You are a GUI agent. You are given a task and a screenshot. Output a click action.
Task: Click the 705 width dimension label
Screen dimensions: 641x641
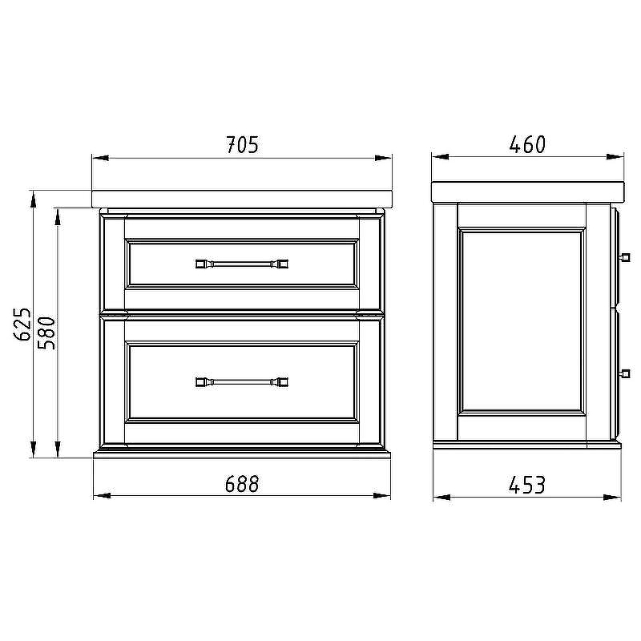[243, 145]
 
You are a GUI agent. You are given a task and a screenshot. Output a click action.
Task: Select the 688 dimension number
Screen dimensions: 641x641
[242, 484]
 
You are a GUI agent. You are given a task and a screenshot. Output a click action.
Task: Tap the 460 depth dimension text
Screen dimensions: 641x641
[527, 144]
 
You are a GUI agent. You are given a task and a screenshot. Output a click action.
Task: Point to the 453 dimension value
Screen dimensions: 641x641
[527, 485]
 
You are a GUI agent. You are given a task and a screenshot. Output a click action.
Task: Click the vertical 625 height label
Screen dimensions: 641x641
[22, 325]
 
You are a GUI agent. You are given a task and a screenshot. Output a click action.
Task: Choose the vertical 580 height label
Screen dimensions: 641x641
[46, 333]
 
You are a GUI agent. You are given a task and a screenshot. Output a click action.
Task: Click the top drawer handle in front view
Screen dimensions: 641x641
[242, 264]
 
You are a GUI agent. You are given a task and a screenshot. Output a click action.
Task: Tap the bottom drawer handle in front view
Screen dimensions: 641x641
[242, 382]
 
